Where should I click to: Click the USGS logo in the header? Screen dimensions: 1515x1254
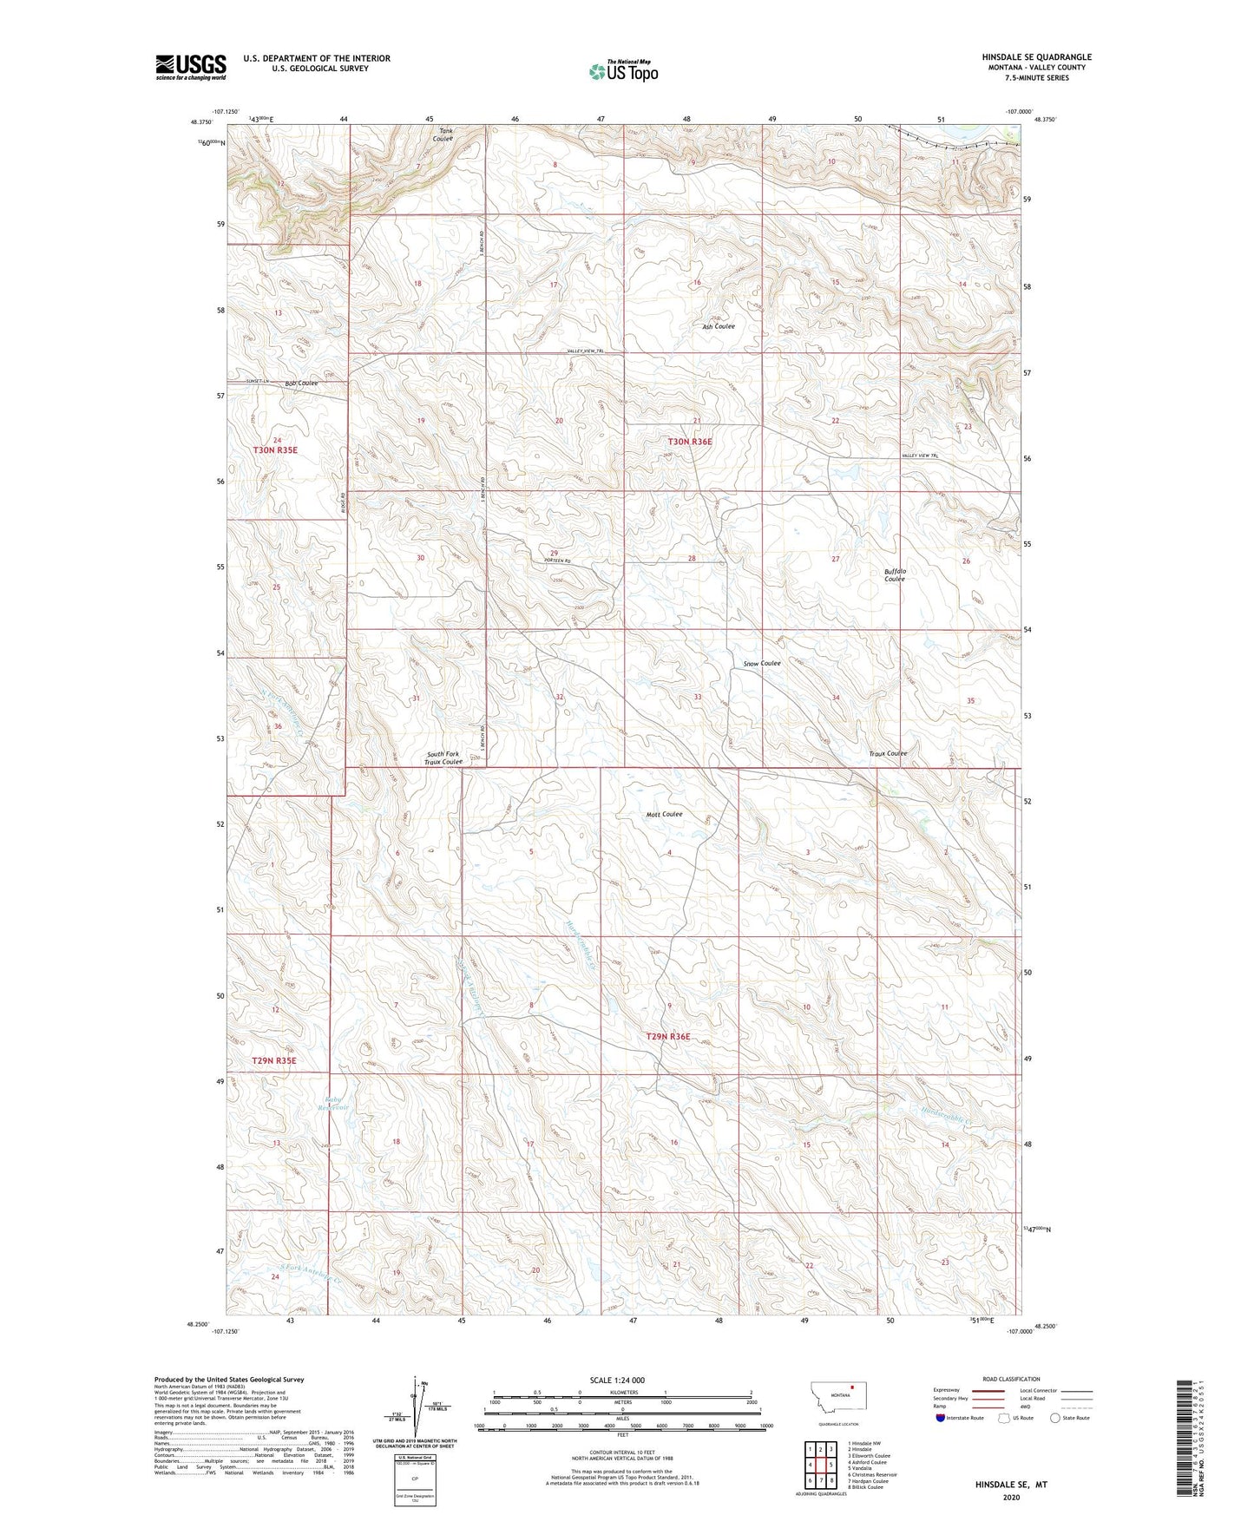191,67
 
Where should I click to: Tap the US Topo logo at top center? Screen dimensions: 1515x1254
623,71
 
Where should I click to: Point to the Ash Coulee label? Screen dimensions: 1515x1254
719,326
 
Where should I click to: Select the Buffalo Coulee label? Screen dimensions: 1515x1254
895,574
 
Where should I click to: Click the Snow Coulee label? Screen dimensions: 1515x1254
762,663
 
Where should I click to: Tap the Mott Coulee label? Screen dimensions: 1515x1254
664,814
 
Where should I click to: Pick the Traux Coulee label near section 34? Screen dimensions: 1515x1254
888,753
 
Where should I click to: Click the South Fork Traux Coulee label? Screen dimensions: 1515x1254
443,757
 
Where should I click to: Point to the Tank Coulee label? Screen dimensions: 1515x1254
443,134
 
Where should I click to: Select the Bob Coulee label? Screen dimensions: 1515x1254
301,383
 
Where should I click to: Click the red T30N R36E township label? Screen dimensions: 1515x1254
689,442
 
